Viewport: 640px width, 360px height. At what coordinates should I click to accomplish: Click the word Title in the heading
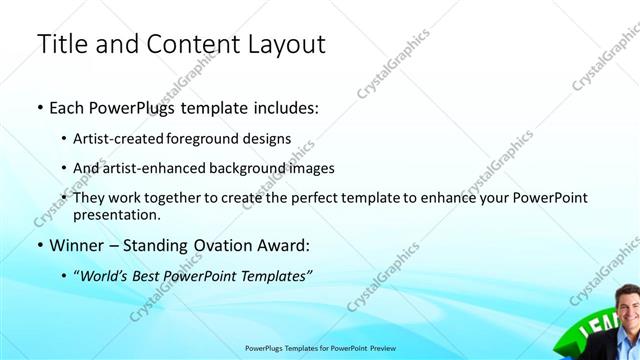pyautogui.click(x=62, y=45)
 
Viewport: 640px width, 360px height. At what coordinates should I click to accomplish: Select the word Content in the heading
pyautogui.click(x=189, y=45)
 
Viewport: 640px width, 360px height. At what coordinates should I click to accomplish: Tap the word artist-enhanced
pyautogui.click(x=147, y=168)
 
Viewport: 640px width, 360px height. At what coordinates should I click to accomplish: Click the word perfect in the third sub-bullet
pyautogui.click(x=303, y=198)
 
